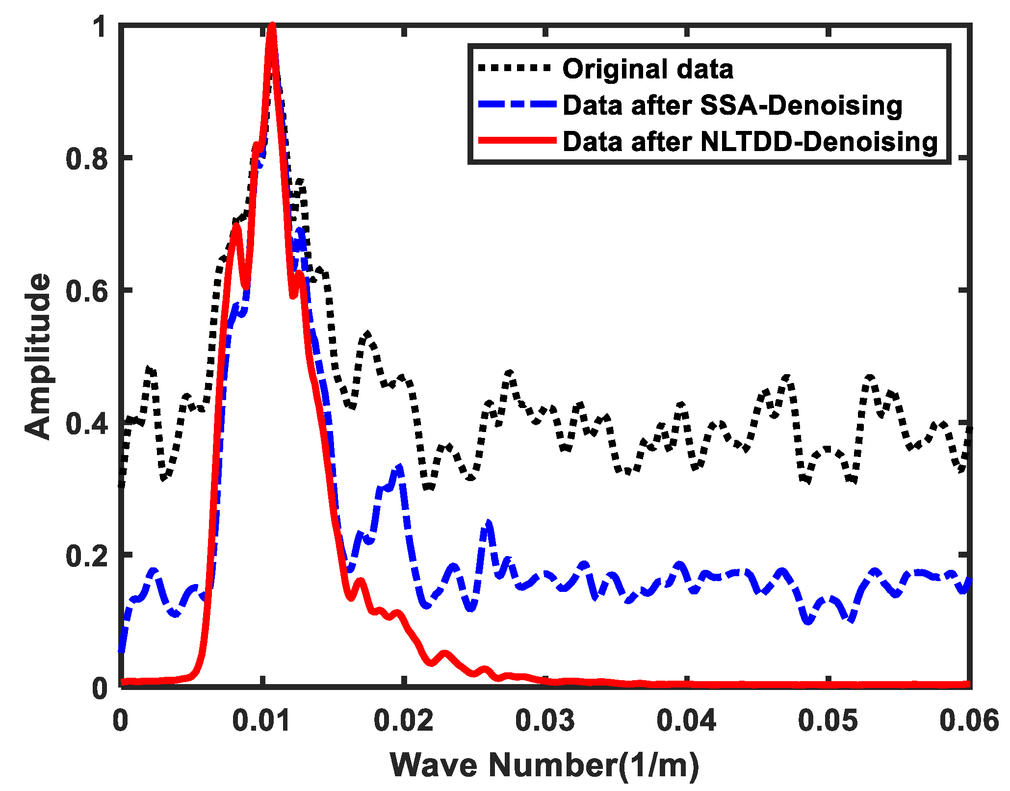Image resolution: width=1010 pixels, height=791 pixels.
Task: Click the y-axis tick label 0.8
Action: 86,159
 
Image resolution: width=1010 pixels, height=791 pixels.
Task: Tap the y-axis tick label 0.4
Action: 86,423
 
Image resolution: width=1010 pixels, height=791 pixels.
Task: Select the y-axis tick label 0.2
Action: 86,556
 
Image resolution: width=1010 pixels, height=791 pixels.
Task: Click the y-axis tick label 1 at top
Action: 101,27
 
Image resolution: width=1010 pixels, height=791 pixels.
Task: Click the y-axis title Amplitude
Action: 38,357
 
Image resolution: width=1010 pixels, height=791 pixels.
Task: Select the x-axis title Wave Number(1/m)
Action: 544,765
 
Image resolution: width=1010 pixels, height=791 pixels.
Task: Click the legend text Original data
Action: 647,69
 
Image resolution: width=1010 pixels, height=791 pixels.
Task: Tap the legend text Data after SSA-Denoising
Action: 732,105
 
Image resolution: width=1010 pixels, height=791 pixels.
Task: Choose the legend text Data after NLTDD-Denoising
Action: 750,142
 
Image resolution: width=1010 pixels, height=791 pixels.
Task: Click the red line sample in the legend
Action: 518,140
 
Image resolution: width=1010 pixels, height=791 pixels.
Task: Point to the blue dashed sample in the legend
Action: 518,104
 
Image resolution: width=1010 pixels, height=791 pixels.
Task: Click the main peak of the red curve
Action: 272,27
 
